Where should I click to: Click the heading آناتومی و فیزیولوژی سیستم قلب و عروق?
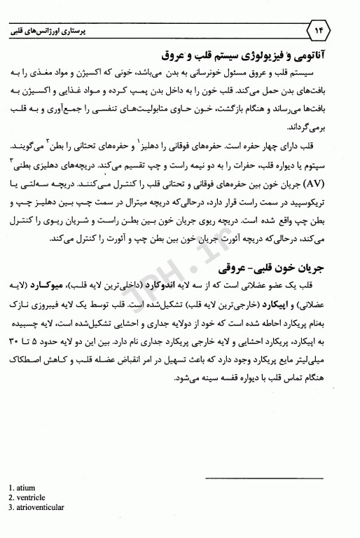click(253, 54)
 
